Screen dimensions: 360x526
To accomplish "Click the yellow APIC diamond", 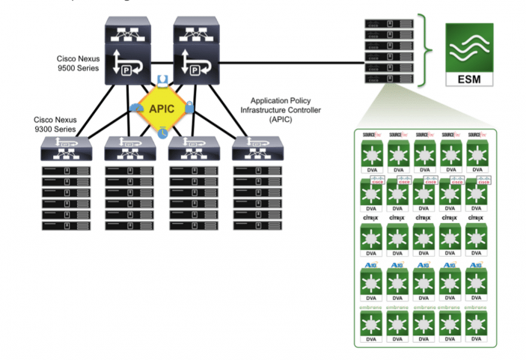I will pyautogui.click(x=162, y=106).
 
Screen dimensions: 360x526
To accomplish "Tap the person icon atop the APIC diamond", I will pyautogui.click(x=162, y=79).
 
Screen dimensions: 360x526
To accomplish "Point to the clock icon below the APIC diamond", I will pyautogui.click(x=162, y=132).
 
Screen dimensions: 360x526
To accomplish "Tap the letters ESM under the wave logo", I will pyautogui.click(x=468, y=77).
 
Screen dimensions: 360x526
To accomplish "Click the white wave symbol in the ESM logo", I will pyautogui.click(x=468, y=48).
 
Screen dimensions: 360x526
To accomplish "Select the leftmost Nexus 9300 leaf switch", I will pyautogui.click(x=66, y=150).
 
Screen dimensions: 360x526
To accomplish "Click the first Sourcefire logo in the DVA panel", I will pyautogui.click(x=370, y=135).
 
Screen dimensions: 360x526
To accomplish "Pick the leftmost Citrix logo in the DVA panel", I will pyautogui.click(x=370, y=219).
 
